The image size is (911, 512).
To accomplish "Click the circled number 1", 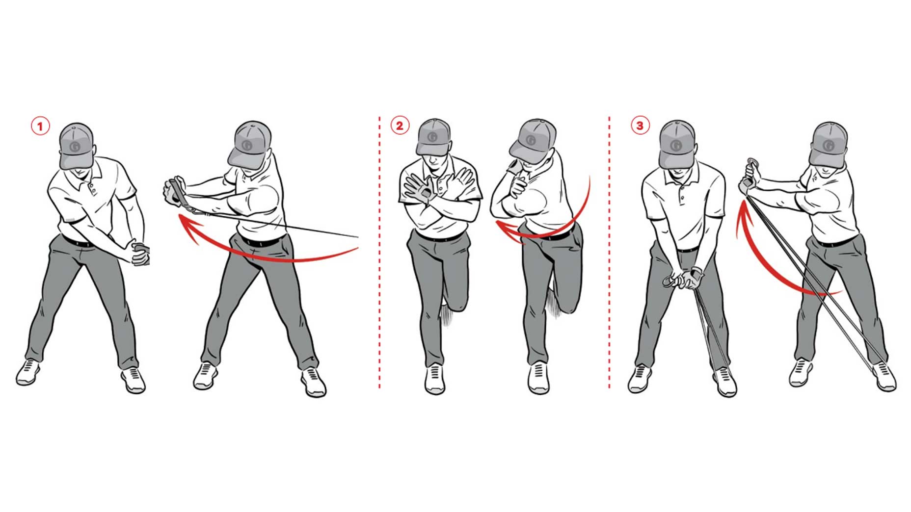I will point(40,127).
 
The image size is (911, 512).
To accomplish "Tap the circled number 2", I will point(399,126).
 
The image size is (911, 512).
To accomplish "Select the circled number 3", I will point(640,126).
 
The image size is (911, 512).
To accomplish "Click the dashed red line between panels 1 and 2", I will point(379,255).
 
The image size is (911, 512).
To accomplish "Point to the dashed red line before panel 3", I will point(609,255).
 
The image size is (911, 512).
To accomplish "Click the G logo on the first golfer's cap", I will point(76,146).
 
